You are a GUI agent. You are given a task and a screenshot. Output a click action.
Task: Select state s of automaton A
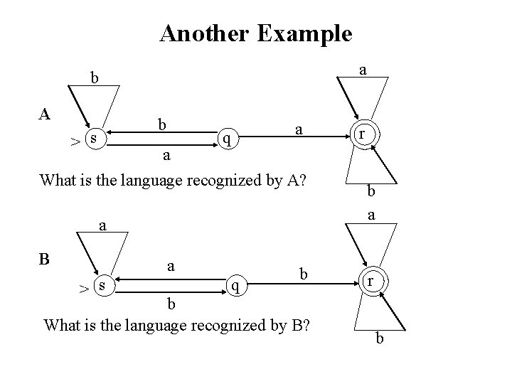(x=94, y=135)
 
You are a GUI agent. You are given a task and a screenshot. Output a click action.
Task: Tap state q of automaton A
(x=226, y=137)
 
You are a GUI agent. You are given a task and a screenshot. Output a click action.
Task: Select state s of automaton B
(x=103, y=284)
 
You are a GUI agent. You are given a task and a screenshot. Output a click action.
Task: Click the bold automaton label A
(x=44, y=115)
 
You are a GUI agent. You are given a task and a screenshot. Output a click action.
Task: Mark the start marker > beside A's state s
(x=74, y=142)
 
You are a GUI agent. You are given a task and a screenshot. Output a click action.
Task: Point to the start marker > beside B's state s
(x=83, y=289)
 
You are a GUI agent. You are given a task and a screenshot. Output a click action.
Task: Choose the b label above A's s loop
(x=93, y=78)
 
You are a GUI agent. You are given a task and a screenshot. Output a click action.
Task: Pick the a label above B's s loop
(x=102, y=226)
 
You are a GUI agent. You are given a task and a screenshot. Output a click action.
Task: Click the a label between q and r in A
(x=299, y=129)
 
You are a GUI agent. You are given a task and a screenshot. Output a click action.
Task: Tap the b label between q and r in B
(x=304, y=274)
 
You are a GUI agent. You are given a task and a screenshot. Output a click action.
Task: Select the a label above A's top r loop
(x=363, y=70)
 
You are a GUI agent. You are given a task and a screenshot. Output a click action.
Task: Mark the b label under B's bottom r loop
(x=380, y=338)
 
